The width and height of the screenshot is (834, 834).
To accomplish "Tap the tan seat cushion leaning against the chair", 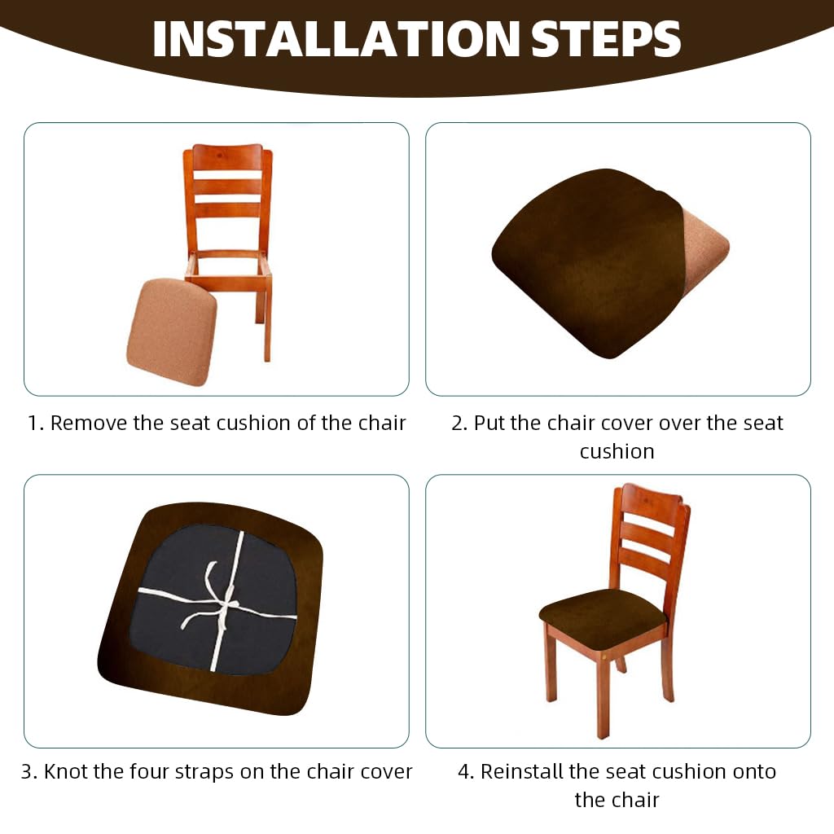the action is click(172, 331).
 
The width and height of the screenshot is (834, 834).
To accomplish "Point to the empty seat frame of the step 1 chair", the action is click(229, 266).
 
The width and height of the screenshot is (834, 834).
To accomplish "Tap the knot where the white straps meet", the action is click(227, 605).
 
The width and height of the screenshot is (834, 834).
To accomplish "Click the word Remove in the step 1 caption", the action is click(89, 424).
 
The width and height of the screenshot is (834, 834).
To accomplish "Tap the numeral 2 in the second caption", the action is click(458, 424).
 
